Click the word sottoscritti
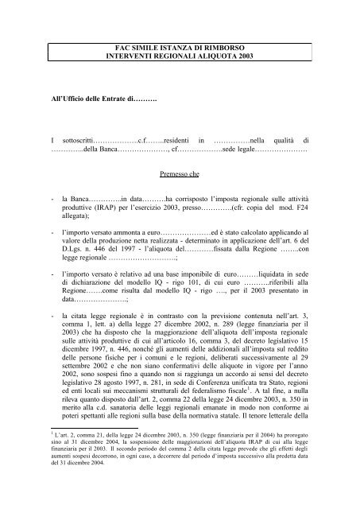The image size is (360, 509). [78, 139]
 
